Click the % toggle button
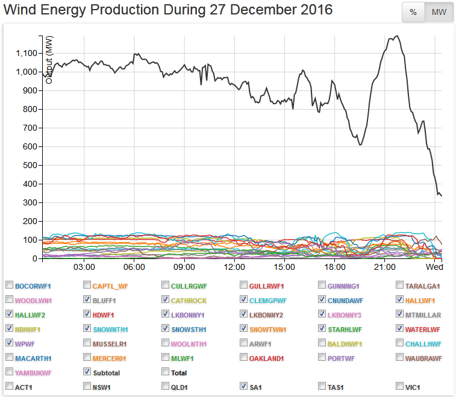(x=413, y=13)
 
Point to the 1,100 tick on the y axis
(x=26, y=53)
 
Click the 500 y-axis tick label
(x=29, y=165)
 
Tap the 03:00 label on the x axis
(x=84, y=267)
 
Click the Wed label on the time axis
(x=435, y=267)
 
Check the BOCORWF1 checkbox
(x=9, y=285)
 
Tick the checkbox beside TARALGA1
(x=401, y=285)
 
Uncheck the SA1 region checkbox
(x=244, y=386)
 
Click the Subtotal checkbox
(x=87, y=372)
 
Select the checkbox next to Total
(x=166, y=372)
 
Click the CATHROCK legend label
(x=189, y=299)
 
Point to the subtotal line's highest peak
(x=396, y=36)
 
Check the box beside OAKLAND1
(x=244, y=357)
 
